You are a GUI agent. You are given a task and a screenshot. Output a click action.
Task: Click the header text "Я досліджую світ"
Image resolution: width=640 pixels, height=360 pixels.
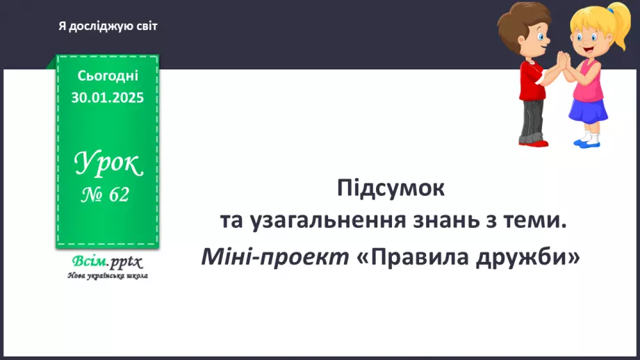tap(108, 26)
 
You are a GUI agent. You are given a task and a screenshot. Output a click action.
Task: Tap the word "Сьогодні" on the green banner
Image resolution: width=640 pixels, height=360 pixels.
tap(108, 75)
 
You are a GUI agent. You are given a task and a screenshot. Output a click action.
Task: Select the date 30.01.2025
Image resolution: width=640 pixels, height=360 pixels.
tap(108, 97)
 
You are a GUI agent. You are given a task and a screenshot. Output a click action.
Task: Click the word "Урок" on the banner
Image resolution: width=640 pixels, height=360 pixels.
tap(108, 165)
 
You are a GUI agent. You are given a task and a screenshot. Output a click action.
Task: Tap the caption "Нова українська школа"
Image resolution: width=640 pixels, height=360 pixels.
tap(108, 275)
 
